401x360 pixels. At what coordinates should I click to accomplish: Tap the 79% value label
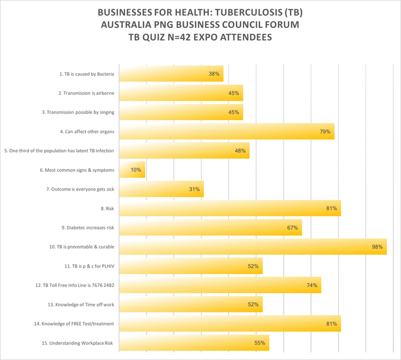[x=325, y=132]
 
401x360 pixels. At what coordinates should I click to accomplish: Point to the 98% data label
[x=377, y=247]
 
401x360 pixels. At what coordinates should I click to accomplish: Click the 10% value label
[x=135, y=170]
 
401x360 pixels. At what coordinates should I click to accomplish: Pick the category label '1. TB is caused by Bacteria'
[x=87, y=74]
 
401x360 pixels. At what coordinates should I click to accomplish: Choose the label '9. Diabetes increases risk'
[x=88, y=228]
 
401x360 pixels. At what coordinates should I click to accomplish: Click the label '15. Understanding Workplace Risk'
[x=77, y=343]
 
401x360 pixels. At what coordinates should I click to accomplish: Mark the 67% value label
[x=292, y=228]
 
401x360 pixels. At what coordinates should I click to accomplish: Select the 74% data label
[x=312, y=285]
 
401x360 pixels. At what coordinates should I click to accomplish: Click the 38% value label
[x=214, y=74]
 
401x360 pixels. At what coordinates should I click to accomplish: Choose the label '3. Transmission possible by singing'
[x=80, y=113]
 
